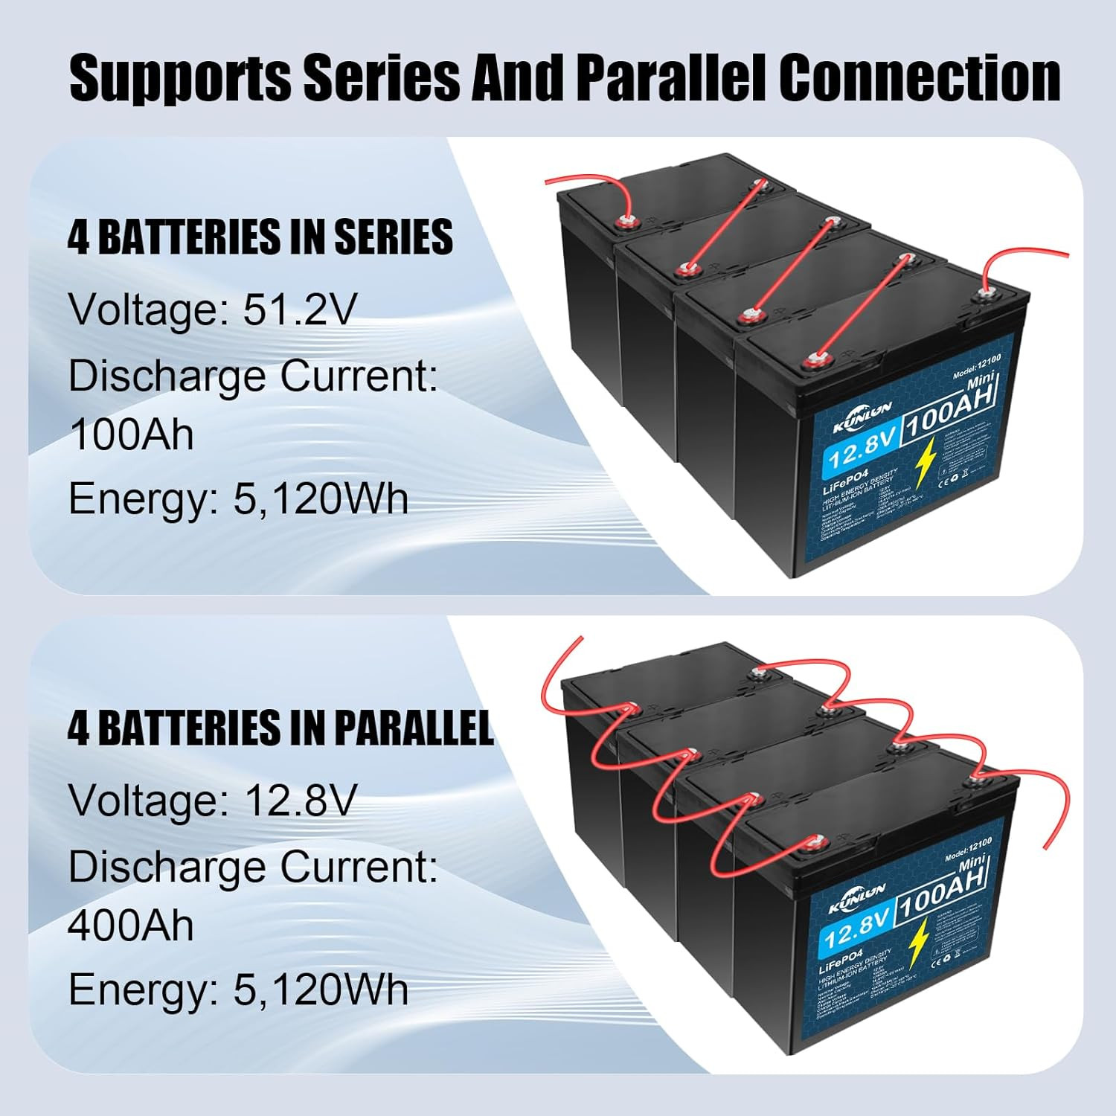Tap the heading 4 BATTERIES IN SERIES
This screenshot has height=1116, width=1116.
click(260, 237)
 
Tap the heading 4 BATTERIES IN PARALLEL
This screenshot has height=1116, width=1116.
click(280, 728)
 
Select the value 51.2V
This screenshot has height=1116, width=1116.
click(300, 310)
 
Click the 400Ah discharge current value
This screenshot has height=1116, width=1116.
click(131, 925)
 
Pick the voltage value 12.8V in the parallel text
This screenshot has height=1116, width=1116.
click(300, 801)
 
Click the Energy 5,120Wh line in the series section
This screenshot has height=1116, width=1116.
click(238, 498)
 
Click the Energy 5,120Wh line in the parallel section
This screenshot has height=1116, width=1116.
click(238, 990)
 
